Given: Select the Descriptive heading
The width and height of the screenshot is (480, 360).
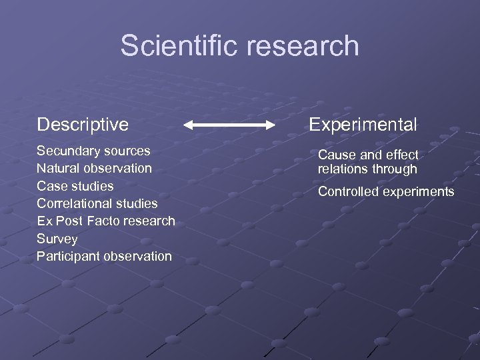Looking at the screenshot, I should (83, 124).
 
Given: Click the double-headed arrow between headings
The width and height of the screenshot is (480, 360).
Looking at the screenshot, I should (229, 125).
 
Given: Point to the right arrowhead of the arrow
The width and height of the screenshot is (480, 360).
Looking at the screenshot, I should (270, 125).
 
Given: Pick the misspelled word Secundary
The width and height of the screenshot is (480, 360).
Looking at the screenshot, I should (66, 151).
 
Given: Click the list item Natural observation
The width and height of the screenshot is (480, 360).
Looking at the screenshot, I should (94, 168).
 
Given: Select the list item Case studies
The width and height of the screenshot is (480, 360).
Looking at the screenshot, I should (75, 186).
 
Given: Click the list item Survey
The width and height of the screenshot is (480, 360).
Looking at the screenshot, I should (57, 239).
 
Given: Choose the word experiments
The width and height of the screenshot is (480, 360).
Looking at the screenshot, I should (420, 192).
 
